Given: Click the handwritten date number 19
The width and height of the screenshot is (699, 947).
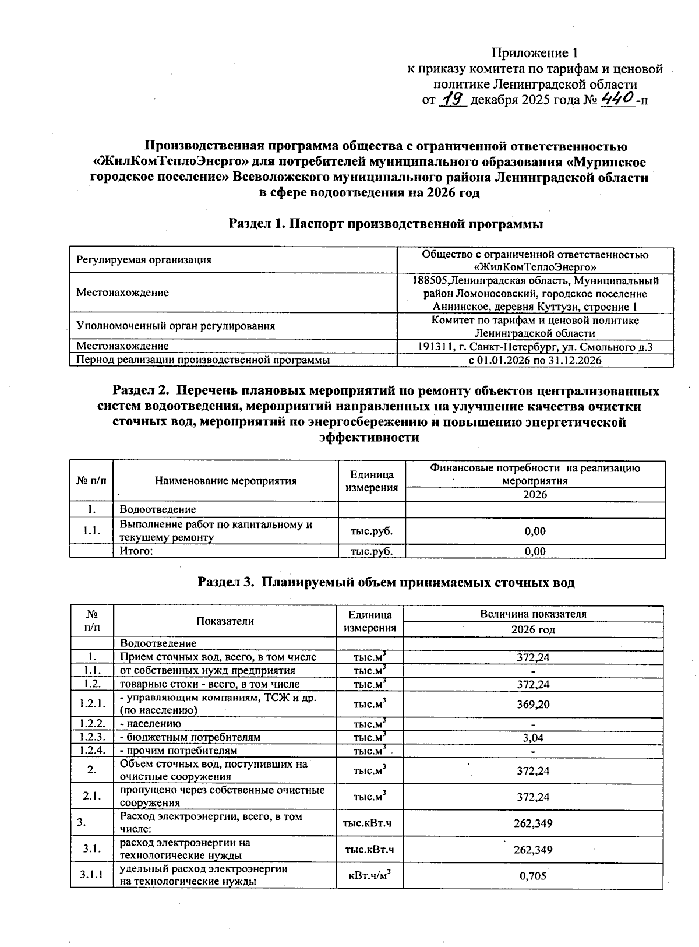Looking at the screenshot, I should click(453, 99).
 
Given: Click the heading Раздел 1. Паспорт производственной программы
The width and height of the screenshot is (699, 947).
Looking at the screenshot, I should click(386, 224).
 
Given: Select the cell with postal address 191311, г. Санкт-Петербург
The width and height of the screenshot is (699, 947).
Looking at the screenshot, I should click(535, 347).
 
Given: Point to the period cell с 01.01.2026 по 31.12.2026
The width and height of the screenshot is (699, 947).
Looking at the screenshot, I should click(535, 361).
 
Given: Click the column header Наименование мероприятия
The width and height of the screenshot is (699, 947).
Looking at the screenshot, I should click(225, 481).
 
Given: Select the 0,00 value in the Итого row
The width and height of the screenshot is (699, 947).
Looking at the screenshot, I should click(535, 551).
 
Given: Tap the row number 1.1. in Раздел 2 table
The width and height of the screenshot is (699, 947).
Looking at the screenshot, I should click(91, 531).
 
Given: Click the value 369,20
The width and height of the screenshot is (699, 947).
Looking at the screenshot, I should click(533, 704).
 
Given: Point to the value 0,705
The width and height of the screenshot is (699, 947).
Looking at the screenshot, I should click(533, 875).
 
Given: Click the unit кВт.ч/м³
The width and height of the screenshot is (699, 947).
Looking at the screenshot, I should click(369, 875).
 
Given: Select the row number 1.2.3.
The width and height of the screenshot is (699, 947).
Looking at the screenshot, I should click(91, 737).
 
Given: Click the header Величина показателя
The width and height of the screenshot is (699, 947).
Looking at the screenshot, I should click(533, 614).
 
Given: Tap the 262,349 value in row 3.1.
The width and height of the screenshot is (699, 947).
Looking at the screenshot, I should click(533, 850).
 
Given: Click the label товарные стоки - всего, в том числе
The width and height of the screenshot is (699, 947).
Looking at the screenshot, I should click(210, 684).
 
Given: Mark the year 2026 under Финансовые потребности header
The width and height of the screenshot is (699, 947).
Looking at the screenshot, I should click(535, 495).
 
